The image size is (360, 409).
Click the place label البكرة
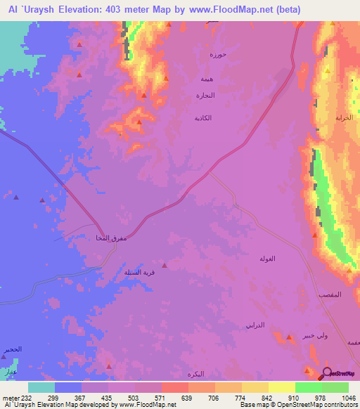[x=201, y=372]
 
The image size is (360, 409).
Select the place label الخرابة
[x=344, y=117]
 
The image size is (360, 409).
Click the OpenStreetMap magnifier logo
[x=326, y=373]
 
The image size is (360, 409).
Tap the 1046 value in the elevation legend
[x=345, y=397]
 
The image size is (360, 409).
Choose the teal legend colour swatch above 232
[x=41, y=387]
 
